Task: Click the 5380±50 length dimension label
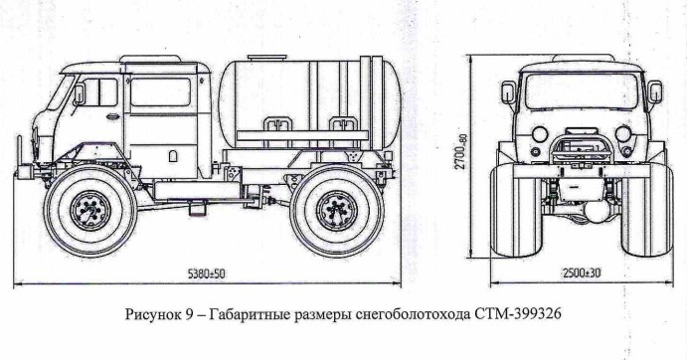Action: click(x=206, y=274)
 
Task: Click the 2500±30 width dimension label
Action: click(x=582, y=272)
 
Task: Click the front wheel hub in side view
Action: click(x=90, y=211)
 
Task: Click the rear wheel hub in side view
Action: click(x=337, y=211)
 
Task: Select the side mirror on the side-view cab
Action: click(x=80, y=94)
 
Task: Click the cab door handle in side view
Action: click(x=112, y=116)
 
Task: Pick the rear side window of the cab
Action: click(x=160, y=92)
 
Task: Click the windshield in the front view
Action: click(x=582, y=91)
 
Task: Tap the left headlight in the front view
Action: click(x=540, y=133)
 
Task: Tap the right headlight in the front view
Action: click(x=623, y=133)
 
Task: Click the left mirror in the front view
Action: click(x=509, y=92)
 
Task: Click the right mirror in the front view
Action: click(x=655, y=92)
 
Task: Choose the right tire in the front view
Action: click(x=647, y=211)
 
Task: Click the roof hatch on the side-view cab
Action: click(x=150, y=59)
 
